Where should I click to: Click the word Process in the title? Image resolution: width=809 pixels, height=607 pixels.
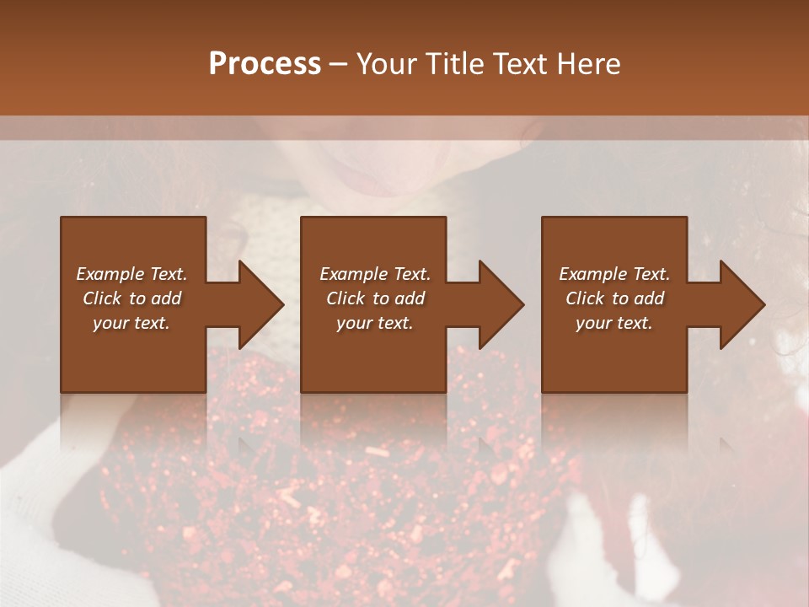coord(265,64)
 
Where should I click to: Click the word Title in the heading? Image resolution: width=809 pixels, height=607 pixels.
coord(456,64)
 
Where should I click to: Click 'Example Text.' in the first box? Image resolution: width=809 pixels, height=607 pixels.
coord(131,274)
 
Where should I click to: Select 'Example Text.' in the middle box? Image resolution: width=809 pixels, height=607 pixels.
coord(375,274)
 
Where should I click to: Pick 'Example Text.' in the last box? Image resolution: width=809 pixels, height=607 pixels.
coord(614,274)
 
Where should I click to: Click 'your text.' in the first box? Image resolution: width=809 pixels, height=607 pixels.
coord(131,323)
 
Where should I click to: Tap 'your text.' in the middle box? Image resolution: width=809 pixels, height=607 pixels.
coord(375,323)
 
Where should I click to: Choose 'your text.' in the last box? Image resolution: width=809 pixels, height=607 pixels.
coord(614,323)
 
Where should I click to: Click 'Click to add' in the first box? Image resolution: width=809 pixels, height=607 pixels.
coord(131,298)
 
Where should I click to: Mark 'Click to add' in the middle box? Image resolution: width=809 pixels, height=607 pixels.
coord(375,298)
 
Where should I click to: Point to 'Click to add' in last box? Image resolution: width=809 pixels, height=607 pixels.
coord(614,298)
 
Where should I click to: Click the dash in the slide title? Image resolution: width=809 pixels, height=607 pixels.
coord(338,64)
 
